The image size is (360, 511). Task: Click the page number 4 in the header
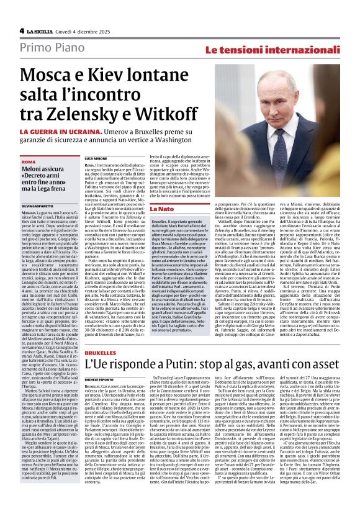[x=22, y=30]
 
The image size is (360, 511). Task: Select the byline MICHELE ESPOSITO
[x=103, y=378]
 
